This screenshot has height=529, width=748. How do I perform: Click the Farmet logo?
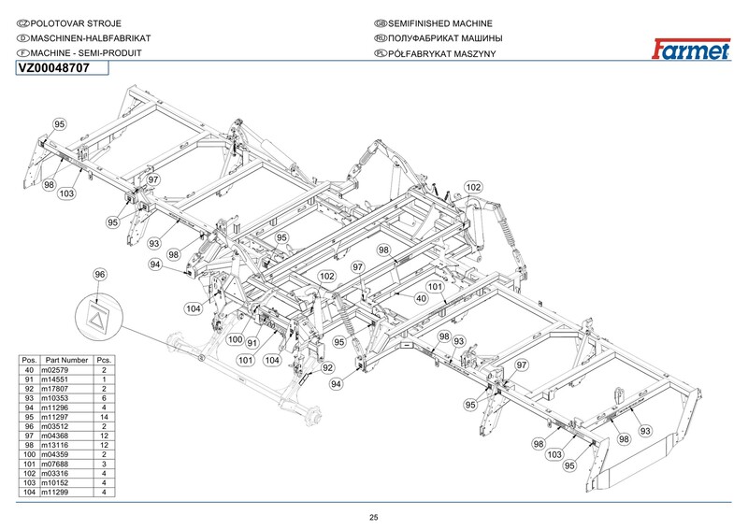[x=691, y=49]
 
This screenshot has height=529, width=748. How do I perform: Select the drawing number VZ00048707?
[x=53, y=68]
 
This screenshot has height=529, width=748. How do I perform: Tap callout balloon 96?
[x=99, y=274]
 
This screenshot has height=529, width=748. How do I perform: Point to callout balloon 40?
[x=421, y=298]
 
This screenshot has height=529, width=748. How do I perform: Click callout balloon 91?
[x=252, y=342]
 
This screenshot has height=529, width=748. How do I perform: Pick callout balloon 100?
[x=236, y=339]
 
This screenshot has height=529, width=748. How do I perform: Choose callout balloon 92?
[x=327, y=367]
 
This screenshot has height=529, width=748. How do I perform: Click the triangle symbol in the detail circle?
[x=97, y=319]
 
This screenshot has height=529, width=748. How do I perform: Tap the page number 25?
[x=373, y=518]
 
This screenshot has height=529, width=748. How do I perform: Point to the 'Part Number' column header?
[x=66, y=360]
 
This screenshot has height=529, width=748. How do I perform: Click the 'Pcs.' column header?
[x=104, y=360]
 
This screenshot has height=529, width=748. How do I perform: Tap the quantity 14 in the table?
[x=104, y=417]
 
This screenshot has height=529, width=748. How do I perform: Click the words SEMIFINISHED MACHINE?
[x=439, y=23]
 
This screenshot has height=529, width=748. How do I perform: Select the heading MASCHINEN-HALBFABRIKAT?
[x=91, y=38]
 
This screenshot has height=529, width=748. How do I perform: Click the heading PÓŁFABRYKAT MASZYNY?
[x=441, y=53]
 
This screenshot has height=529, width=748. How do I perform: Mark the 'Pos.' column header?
[x=29, y=360]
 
